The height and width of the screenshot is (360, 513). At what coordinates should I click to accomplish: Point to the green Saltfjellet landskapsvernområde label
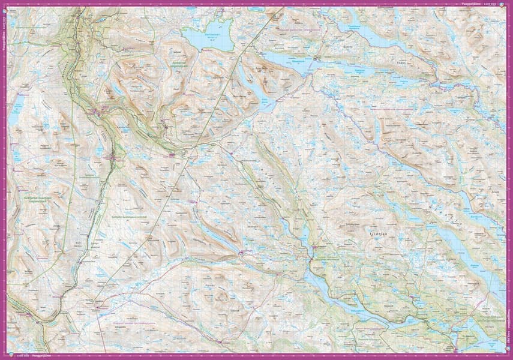[129, 215]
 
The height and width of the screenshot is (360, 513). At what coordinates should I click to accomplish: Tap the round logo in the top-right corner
[508, 4]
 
